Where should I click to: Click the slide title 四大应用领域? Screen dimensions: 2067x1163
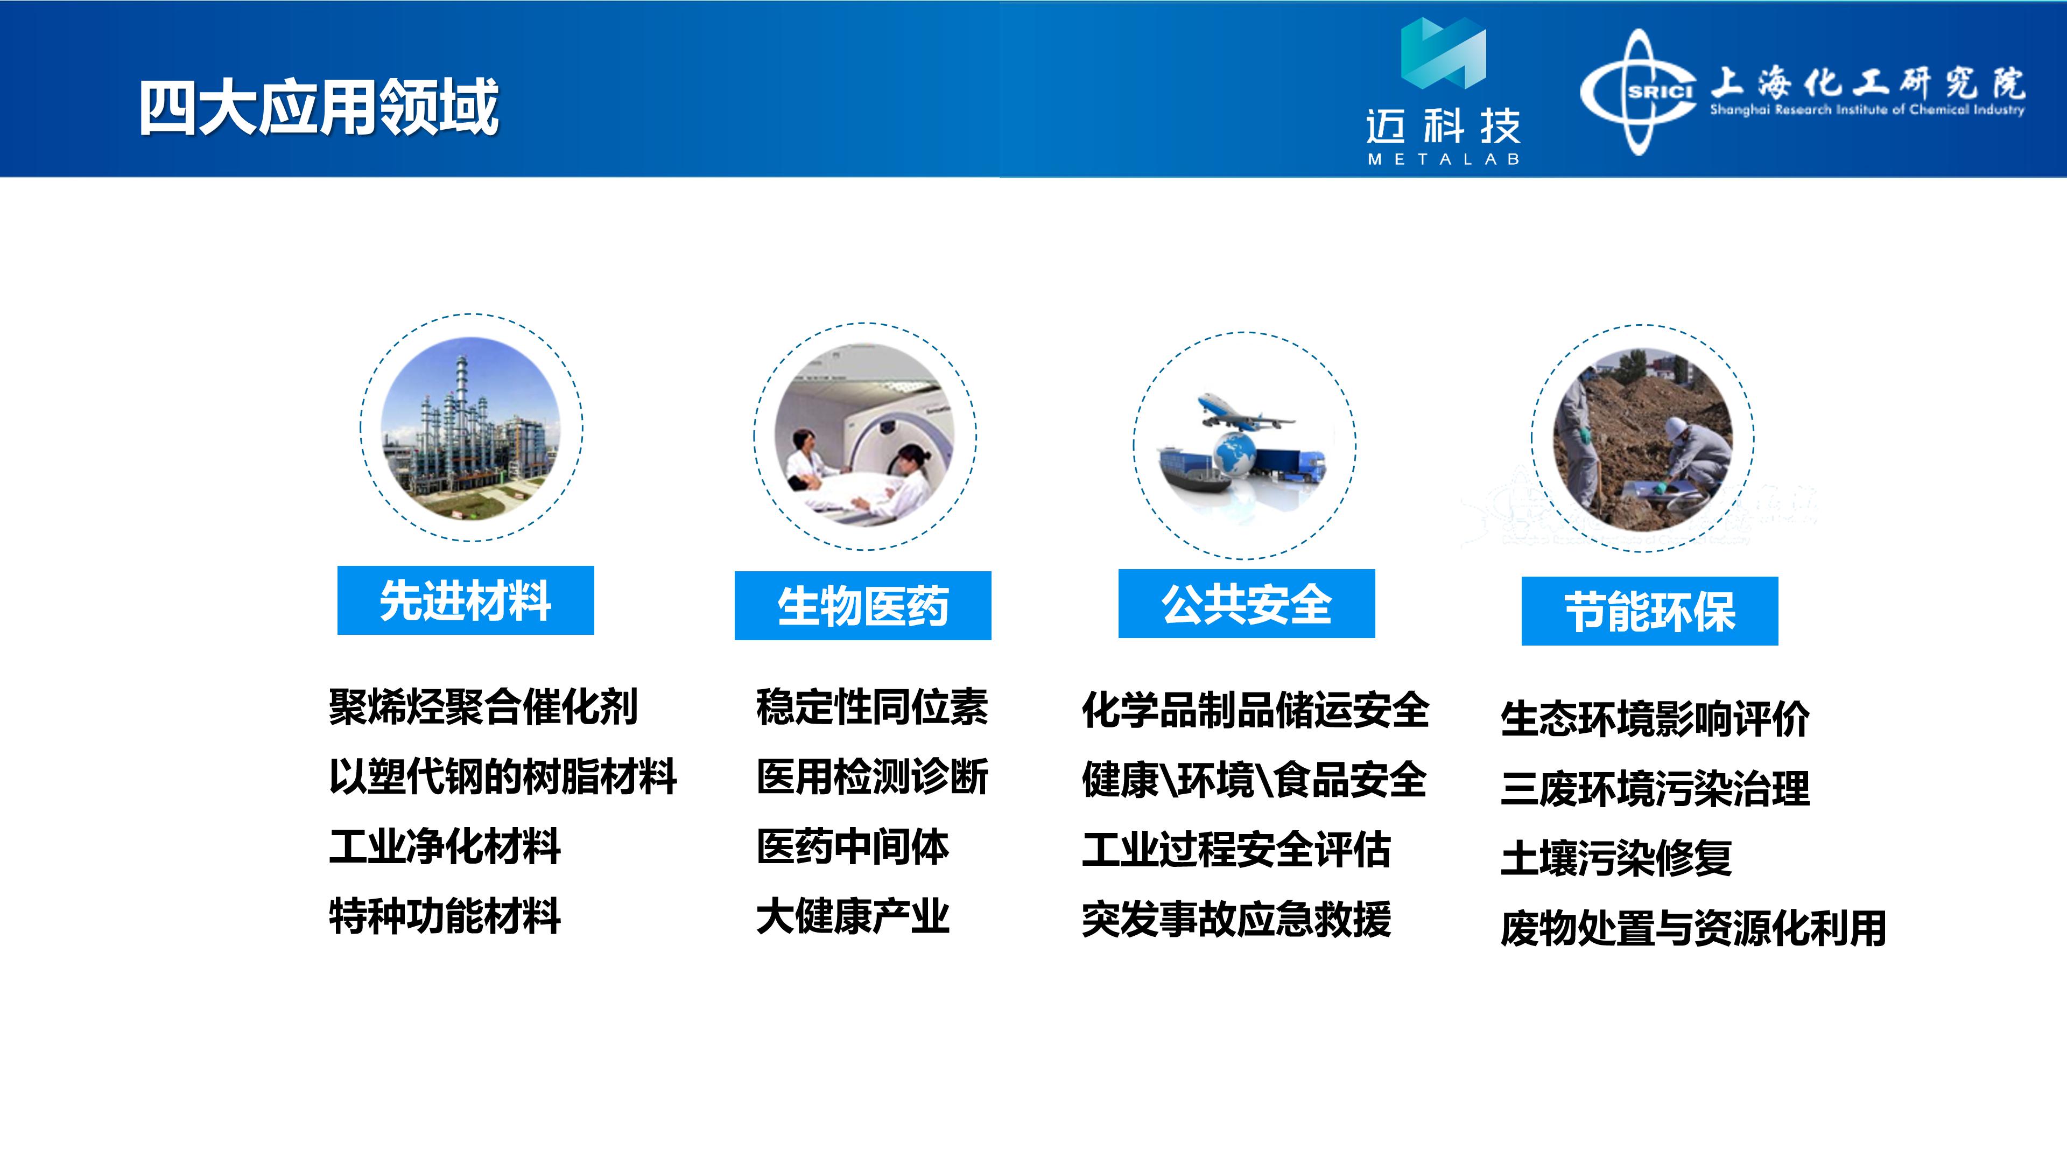(x=319, y=108)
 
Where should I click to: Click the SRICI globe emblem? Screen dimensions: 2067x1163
(x=1639, y=92)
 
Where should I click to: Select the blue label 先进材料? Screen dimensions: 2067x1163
(x=466, y=600)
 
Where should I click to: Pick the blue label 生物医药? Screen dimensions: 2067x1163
(x=862, y=606)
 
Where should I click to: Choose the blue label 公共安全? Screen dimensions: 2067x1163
(x=1246, y=604)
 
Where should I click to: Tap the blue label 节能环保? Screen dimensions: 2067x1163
(x=1650, y=611)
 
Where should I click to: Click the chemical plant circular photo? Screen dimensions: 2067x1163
(x=471, y=428)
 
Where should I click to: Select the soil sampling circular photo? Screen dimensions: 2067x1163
(x=1642, y=439)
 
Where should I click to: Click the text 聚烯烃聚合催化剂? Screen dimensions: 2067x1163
(x=483, y=707)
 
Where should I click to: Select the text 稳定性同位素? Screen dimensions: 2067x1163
(x=872, y=707)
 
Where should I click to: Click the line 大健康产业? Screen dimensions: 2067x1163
(x=852, y=916)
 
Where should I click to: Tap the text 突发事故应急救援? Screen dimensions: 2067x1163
(x=1236, y=920)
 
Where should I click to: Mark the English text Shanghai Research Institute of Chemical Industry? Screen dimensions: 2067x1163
(x=1866, y=110)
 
